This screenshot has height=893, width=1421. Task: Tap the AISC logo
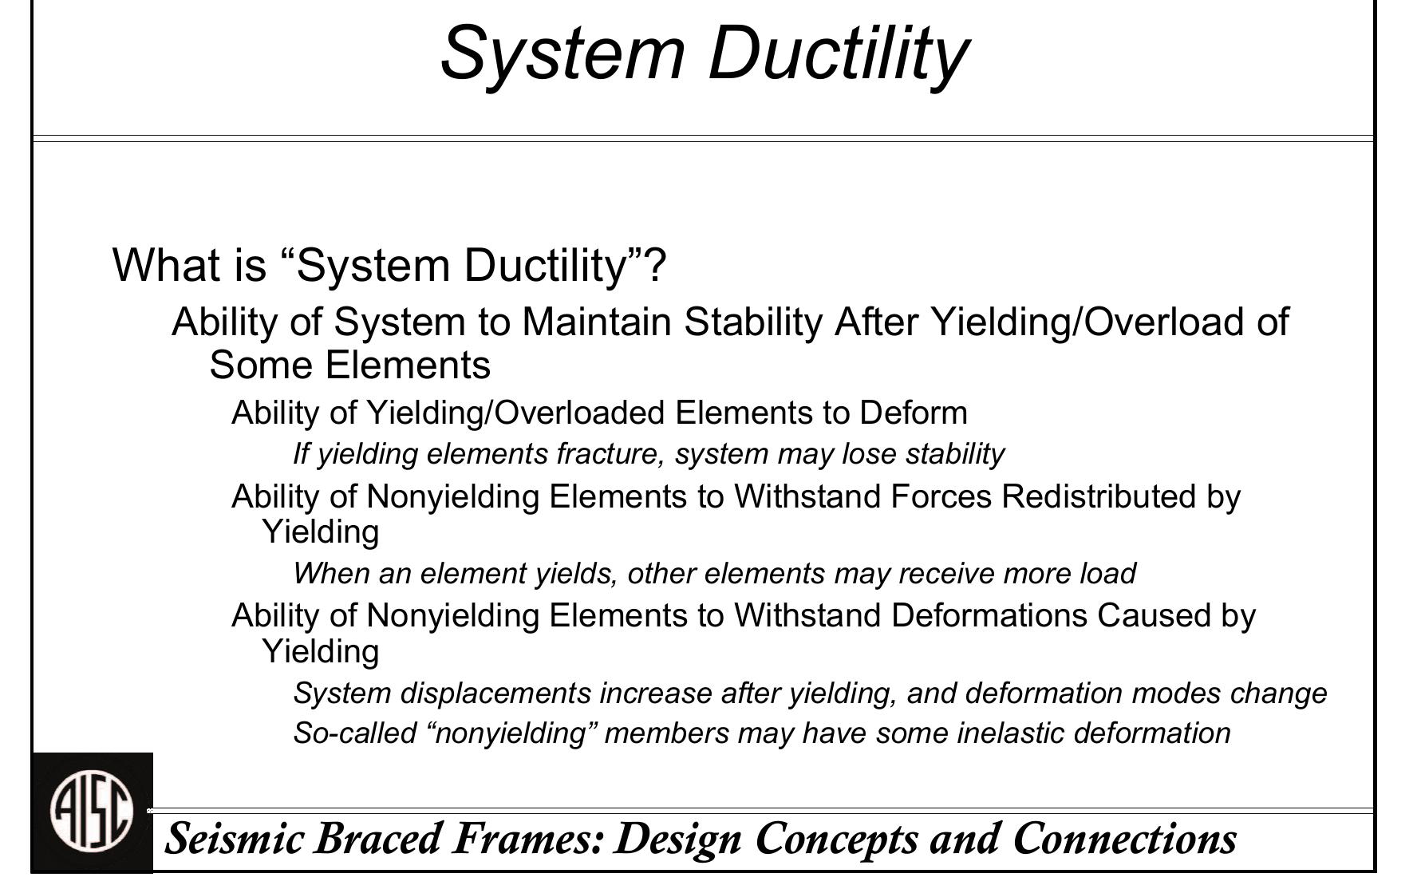92,812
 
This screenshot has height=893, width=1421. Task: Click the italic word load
1109,574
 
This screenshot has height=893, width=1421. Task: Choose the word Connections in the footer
1125,839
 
